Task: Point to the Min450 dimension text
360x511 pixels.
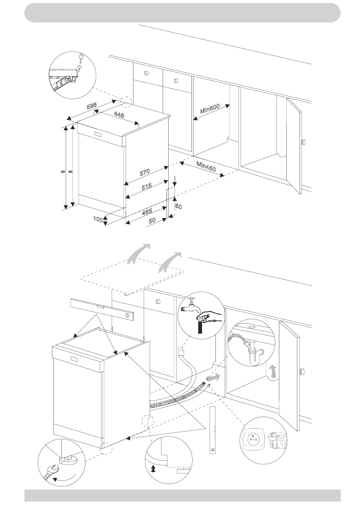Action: [x=206, y=166]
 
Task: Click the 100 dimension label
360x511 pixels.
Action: [x=98, y=219]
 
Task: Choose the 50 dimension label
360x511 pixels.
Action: [x=152, y=221]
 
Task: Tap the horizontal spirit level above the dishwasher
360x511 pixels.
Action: [x=103, y=310]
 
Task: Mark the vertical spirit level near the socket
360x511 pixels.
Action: [x=212, y=429]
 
